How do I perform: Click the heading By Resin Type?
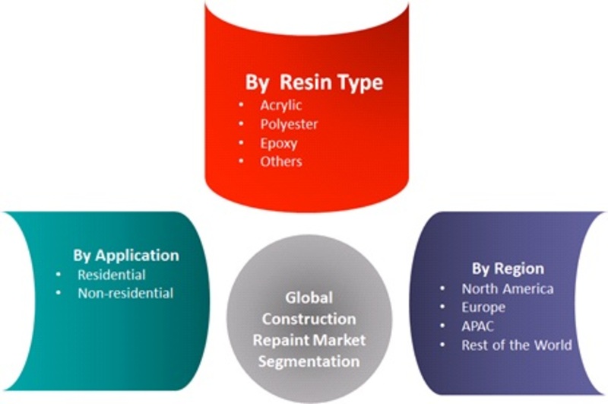314,83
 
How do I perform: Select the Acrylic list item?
281,106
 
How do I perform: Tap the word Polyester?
289,124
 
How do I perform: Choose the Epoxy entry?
279,143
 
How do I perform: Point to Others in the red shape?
281,161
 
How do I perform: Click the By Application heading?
126,256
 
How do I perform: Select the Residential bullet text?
112,275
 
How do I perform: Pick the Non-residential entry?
125,293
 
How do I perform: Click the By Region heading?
508,269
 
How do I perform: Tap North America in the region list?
508,289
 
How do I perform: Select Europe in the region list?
483,307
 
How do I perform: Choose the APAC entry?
478,326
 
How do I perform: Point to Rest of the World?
517,345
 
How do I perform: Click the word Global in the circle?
309,297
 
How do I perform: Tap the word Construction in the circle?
309,319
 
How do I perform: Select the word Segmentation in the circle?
309,361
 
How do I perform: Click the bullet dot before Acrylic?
242,105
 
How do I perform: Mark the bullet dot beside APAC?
443,326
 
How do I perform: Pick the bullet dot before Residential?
59,275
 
